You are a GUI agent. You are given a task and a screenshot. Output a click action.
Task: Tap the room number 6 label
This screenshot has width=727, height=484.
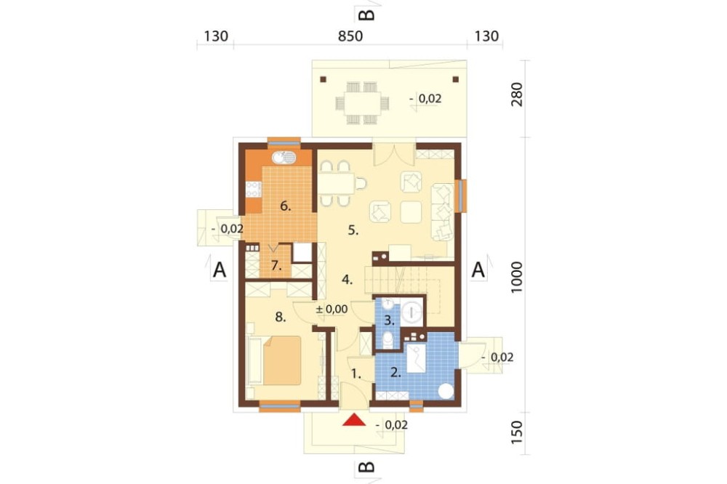(286, 206)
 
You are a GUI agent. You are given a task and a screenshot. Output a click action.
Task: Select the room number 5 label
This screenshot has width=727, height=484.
(353, 230)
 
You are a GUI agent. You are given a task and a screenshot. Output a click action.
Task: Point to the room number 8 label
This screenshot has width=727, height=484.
(280, 317)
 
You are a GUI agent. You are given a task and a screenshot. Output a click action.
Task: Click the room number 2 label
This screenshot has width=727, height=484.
(395, 372)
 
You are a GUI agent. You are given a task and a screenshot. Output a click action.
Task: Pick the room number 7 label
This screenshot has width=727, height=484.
(276, 266)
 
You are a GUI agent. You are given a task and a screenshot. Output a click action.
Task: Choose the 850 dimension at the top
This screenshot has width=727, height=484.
(350, 36)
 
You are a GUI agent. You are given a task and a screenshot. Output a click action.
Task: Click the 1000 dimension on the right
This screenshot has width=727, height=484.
(516, 277)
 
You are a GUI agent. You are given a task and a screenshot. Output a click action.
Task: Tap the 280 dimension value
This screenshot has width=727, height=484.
(516, 94)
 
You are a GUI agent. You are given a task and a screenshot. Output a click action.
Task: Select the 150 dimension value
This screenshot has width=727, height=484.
(516, 432)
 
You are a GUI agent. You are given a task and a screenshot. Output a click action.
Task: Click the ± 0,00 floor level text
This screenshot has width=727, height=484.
(332, 309)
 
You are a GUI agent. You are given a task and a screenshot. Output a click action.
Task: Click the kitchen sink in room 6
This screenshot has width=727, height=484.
(284, 158)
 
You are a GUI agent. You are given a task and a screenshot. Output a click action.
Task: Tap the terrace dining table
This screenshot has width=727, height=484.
(358, 103)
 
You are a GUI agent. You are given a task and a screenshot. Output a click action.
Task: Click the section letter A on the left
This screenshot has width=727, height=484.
(220, 270)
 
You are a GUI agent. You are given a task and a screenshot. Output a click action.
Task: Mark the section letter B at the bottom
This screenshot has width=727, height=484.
(366, 467)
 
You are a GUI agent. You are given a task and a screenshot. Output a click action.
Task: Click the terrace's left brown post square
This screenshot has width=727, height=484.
(324, 79)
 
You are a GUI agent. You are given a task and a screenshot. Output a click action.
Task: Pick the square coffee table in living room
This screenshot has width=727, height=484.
(411, 212)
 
